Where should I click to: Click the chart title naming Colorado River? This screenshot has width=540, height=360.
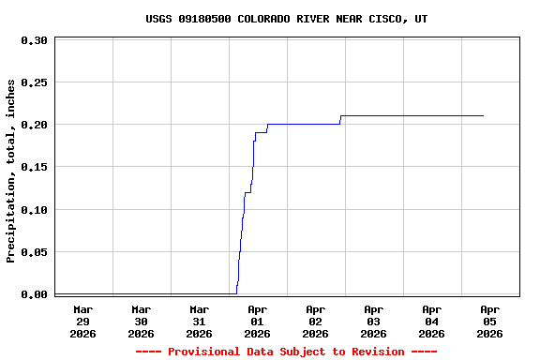(x=287, y=19)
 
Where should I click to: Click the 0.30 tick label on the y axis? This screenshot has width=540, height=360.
(x=34, y=40)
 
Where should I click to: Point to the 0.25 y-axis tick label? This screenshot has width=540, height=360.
(x=34, y=82)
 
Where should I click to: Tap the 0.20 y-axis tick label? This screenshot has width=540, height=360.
(x=34, y=125)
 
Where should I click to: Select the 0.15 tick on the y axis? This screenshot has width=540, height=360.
(x=34, y=167)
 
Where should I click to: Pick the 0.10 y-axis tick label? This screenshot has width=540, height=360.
(x=34, y=209)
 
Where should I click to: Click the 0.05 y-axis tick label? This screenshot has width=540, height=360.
(x=34, y=252)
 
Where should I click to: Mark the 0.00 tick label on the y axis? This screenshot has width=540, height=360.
(x=34, y=294)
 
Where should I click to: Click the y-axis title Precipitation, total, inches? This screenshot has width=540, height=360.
(x=11, y=171)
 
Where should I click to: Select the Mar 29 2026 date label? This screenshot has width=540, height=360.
(x=82, y=321)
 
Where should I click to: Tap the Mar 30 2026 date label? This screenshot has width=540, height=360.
(x=141, y=321)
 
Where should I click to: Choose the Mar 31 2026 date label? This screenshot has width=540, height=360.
(x=199, y=321)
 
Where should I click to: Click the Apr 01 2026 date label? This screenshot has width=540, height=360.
(x=257, y=321)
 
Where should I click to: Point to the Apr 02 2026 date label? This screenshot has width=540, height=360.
(x=315, y=321)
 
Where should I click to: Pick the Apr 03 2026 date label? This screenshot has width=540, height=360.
(x=373, y=321)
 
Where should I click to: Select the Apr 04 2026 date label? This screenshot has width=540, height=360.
(x=431, y=321)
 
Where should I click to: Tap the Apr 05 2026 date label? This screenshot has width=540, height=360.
(x=489, y=321)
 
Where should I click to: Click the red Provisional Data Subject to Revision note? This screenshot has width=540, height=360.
(x=286, y=352)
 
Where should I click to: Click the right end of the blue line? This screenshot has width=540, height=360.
(x=483, y=115)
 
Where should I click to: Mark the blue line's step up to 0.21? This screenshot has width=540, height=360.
(x=340, y=119)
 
